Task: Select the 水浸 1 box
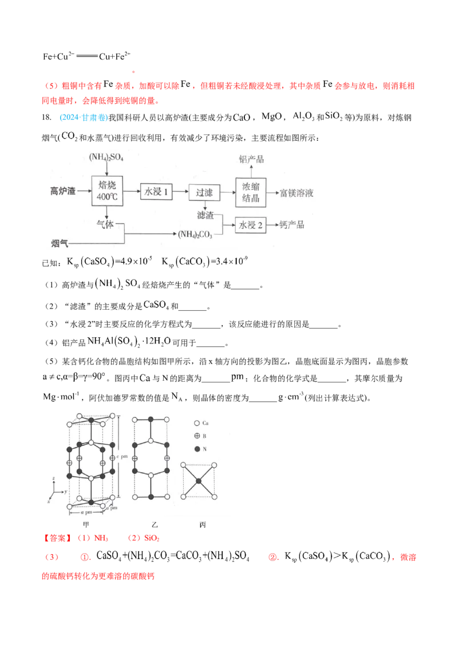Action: (x=156, y=192)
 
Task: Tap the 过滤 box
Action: (x=204, y=192)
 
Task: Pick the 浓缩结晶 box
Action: (x=251, y=192)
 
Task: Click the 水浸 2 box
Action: (x=251, y=225)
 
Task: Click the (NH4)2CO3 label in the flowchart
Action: (x=195, y=234)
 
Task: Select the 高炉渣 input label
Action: (x=63, y=191)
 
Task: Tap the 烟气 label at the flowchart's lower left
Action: (x=60, y=243)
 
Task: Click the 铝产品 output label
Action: (x=251, y=159)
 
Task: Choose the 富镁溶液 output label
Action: (x=296, y=193)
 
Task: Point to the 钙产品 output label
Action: (x=292, y=225)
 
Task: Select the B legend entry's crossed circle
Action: (x=196, y=436)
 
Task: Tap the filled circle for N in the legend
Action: (x=196, y=449)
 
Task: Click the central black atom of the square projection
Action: (x=199, y=481)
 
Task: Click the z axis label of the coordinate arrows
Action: (x=52, y=477)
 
